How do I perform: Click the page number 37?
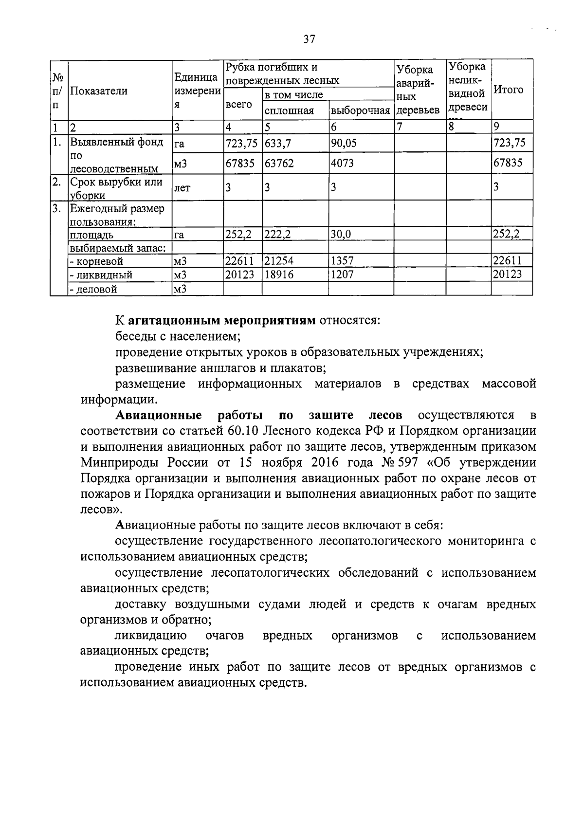[310, 39]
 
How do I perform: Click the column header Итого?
[509, 90]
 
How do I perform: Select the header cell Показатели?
[99, 91]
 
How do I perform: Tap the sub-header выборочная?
[361, 111]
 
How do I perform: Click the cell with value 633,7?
[278, 144]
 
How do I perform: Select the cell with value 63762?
[279, 164]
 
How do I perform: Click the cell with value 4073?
[343, 164]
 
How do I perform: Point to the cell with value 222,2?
[278, 235]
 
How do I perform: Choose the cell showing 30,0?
[341, 235]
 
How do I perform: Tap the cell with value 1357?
[342, 261]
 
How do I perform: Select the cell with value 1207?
[342, 274]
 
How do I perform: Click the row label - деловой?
[93, 289]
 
